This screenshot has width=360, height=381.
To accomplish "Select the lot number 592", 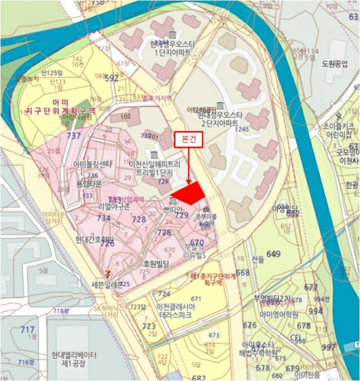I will click(x=111, y=78).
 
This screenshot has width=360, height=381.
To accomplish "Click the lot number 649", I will click(x=274, y=254).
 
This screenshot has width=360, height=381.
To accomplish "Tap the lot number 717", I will click(x=27, y=330).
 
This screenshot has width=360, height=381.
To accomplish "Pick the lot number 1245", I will click(x=242, y=129).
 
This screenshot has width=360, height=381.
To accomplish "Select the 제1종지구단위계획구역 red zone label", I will click(x=212, y=280).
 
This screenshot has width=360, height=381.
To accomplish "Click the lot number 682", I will click(x=200, y=377).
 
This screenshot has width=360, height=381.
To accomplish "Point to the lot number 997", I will click(x=328, y=347).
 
